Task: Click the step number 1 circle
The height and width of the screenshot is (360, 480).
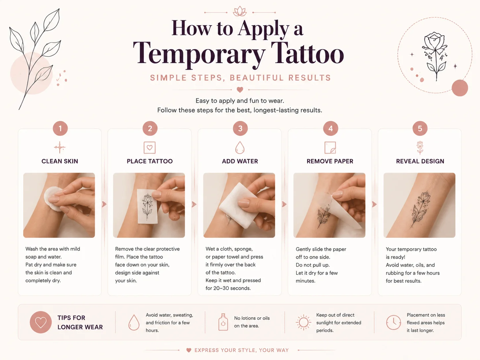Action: tap(60, 128)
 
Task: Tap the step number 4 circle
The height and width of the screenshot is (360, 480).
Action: tap(330, 128)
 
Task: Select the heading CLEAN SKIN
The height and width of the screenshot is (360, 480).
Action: tap(60, 161)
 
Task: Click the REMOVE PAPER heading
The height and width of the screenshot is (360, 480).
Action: tap(330, 161)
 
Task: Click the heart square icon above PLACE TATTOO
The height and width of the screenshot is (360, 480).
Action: tap(150, 148)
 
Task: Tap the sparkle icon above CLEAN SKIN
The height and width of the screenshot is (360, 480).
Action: tap(60, 147)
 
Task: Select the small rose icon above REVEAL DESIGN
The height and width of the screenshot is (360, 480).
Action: tap(420, 148)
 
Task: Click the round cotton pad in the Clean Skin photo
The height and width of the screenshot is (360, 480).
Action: tap(52, 199)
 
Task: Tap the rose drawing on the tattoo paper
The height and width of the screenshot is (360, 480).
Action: tap(148, 206)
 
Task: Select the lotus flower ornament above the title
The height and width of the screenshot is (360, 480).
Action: tap(240, 11)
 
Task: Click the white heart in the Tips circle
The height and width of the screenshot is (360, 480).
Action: tap(41, 323)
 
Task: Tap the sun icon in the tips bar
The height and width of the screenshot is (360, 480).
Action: tap(303, 322)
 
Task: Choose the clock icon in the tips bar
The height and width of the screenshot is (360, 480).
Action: tap(393, 323)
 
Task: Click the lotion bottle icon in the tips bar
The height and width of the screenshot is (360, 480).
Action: tap(223, 322)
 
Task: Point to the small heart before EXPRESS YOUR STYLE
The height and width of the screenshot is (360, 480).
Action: tap(189, 350)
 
